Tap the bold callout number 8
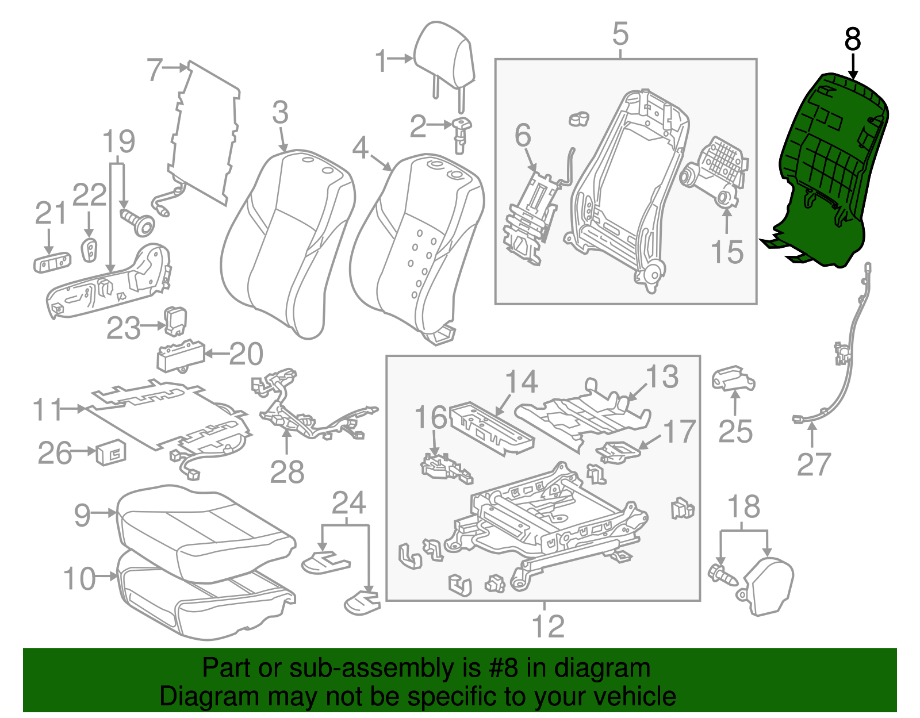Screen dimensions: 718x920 point(853,40)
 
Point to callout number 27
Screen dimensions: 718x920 point(814,464)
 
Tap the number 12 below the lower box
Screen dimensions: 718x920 point(548,626)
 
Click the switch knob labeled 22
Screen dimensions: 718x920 point(90,249)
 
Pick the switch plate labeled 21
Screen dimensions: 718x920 point(52,262)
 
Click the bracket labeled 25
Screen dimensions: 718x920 point(733,380)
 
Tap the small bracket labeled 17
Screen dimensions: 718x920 point(618,451)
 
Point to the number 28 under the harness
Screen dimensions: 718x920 point(287,473)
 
